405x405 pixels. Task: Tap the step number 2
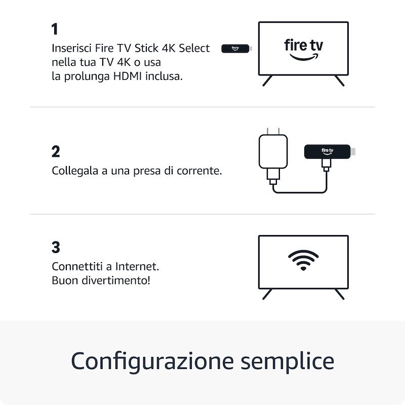[x=56, y=151]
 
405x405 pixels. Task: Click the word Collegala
[x=74, y=171]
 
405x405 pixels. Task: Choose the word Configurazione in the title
[x=152, y=361]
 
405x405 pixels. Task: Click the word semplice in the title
[x=287, y=361]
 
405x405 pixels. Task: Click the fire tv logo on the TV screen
[x=303, y=49]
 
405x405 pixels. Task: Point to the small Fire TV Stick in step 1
[x=235, y=49]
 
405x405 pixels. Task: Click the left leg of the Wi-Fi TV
[x=267, y=294]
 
